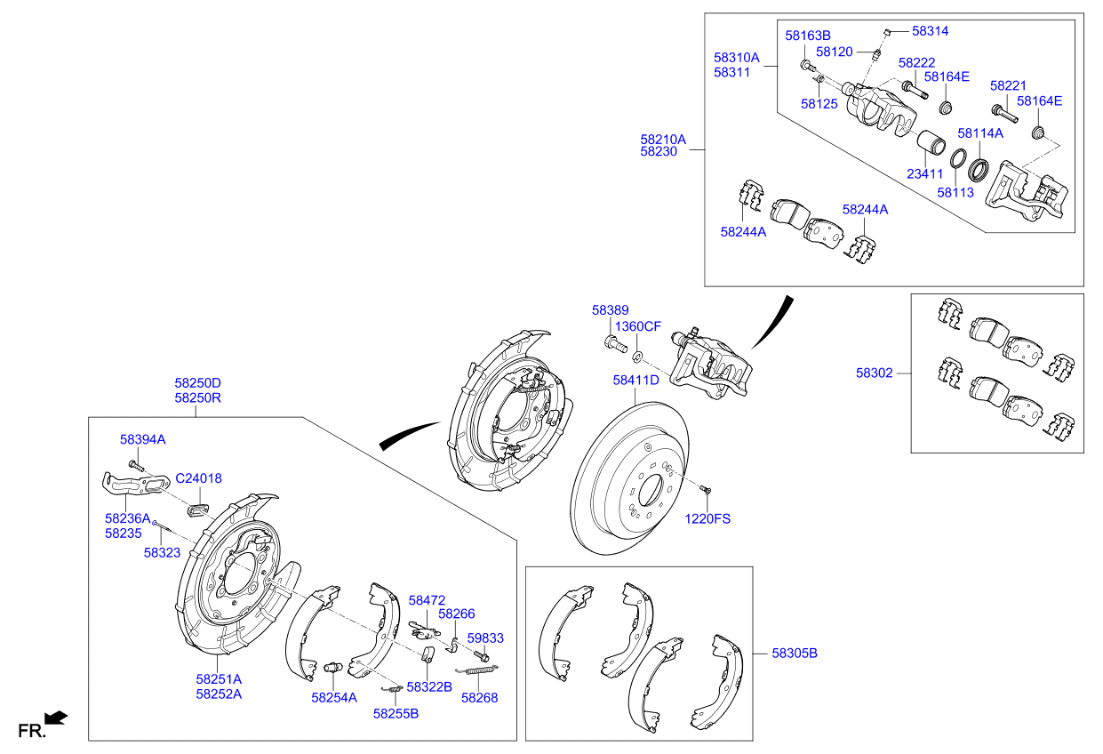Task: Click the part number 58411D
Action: (635, 380)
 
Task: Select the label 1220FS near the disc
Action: (707, 518)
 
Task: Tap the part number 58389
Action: (610, 310)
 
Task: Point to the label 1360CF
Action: (638, 326)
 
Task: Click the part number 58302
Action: (874, 373)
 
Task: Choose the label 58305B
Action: (794, 654)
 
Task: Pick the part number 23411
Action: (925, 174)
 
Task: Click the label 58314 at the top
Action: (930, 31)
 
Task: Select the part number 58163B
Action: (807, 36)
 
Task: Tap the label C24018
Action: (198, 478)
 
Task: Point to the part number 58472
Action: (427, 601)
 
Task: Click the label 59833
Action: (485, 638)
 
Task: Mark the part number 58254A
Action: (333, 698)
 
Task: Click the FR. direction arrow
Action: (56, 717)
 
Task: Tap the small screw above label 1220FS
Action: (705, 488)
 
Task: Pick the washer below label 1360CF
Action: (637, 357)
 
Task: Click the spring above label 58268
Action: (477, 668)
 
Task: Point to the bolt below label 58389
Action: (611, 342)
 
